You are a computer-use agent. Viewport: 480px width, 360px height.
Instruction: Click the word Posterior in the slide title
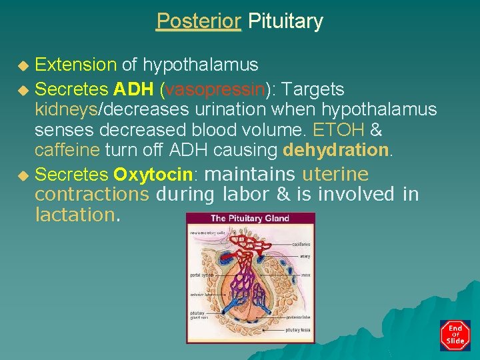[x=199, y=21]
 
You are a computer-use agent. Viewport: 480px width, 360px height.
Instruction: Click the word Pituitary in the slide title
[x=285, y=21]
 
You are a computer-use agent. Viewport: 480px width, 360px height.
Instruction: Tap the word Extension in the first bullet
[x=75, y=65]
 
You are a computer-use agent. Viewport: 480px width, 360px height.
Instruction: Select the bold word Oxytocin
[x=153, y=175]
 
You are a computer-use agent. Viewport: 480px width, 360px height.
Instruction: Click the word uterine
[x=335, y=175]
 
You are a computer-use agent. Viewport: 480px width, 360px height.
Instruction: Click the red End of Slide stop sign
[x=455, y=335]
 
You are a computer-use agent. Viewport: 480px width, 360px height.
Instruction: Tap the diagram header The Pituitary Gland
[x=249, y=218]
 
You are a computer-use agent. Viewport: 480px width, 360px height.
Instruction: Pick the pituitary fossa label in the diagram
[x=297, y=329]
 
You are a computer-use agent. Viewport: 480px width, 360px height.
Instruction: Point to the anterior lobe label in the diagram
[x=200, y=293]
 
